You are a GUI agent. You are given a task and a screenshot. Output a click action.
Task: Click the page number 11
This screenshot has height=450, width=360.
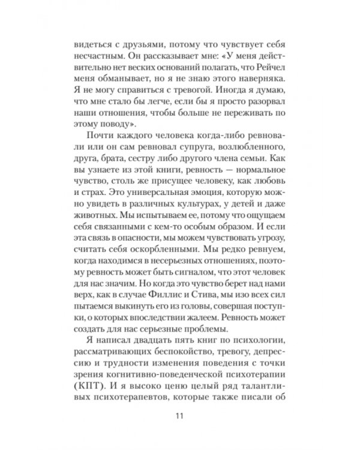coord(180,417)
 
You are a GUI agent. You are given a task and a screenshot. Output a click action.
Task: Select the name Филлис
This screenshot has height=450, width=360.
coord(151,298)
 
